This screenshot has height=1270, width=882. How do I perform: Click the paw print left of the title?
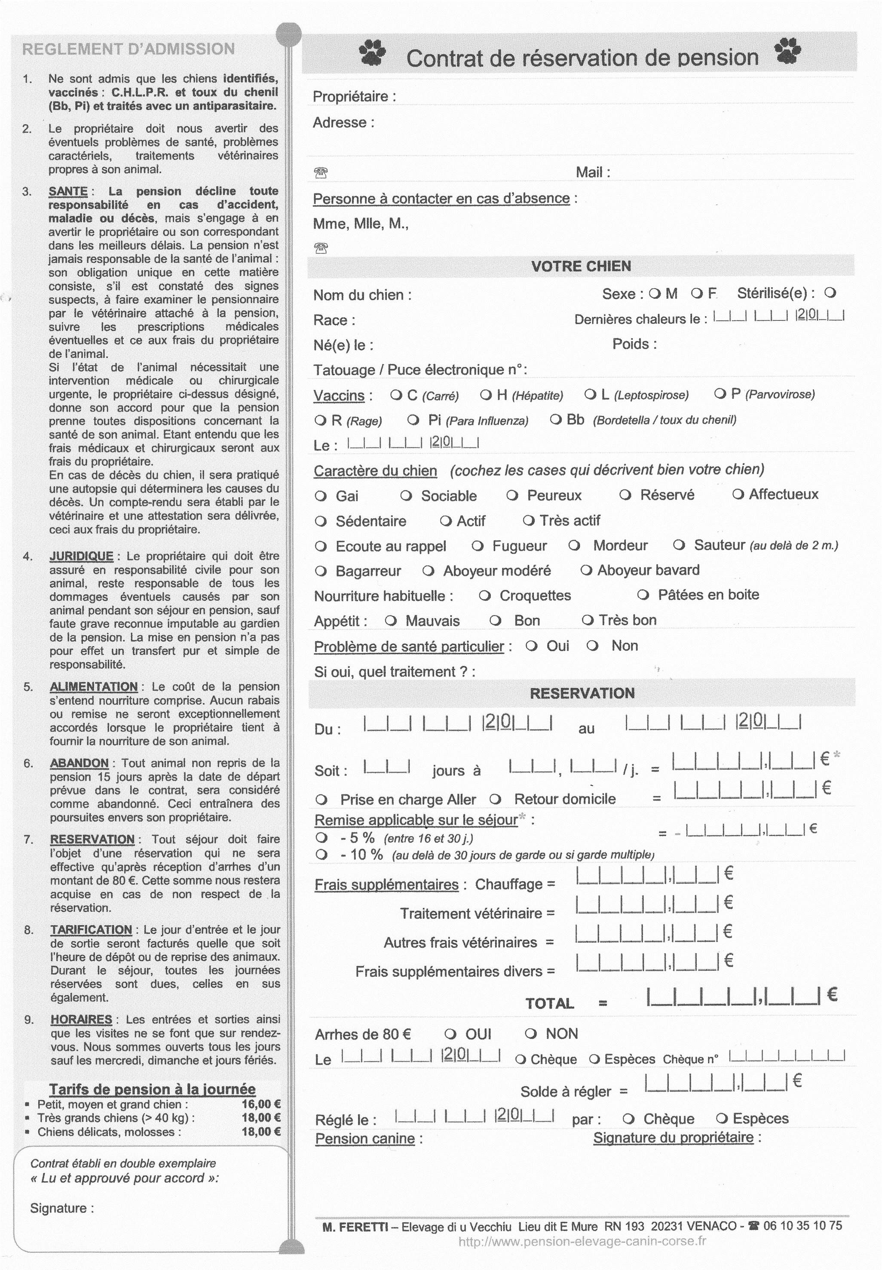pos(373,52)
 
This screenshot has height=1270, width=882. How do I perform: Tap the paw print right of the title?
pos(787,52)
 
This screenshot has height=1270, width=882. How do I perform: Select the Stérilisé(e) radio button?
pos(830,293)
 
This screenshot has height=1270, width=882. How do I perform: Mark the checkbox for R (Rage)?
pos(320,421)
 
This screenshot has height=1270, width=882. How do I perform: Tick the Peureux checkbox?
pos(512,495)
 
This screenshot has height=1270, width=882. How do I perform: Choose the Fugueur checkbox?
pos(478,546)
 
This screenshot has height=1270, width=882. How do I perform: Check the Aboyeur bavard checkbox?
pos(586,570)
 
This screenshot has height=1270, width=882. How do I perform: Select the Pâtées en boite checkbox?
pos(643,595)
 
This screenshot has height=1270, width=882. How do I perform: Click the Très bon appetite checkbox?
pos(588,620)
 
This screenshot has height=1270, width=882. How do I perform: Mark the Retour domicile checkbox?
pos(495,800)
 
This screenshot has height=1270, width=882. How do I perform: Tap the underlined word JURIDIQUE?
pos(81,556)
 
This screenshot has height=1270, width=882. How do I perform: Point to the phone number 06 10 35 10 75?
pos(802,1226)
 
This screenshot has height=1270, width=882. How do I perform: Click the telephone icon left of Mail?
pos(321,173)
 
